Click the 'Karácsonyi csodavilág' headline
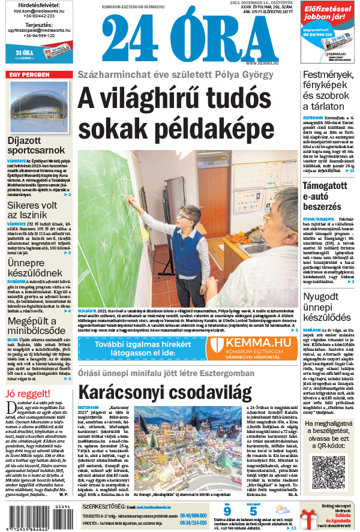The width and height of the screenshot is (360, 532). pyautogui.click(x=164, y=392)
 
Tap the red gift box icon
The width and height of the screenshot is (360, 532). pyautogui.click(x=308, y=518)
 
